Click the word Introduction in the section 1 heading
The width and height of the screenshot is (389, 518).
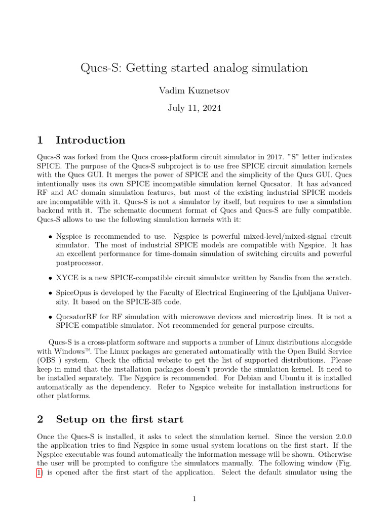click(91, 140)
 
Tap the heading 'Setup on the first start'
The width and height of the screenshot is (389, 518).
click(120, 419)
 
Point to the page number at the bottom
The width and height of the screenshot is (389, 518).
click(194, 499)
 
